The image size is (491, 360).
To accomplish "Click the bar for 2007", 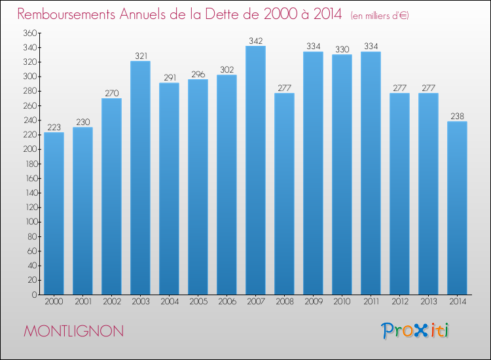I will [x=255, y=170].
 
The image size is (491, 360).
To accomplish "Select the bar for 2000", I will [x=54, y=213].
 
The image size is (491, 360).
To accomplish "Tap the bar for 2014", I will [x=457, y=208].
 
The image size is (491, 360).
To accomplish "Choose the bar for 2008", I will [x=284, y=194].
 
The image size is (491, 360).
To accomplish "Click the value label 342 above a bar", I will [x=255, y=41].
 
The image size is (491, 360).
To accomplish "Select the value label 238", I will [x=457, y=117].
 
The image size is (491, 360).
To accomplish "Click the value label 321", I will [x=140, y=56].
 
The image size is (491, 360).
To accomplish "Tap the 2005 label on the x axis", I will [x=198, y=302].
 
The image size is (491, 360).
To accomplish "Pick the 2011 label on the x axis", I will [x=371, y=302].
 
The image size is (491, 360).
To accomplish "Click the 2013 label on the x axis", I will [x=428, y=302].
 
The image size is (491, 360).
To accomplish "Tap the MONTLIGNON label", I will [x=73, y=331].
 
